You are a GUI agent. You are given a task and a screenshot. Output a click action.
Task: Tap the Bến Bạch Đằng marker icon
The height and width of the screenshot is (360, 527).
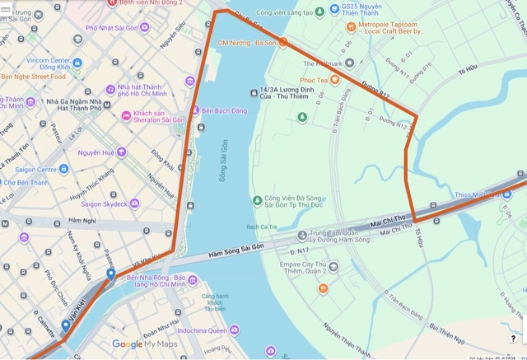click(x=195, y=110)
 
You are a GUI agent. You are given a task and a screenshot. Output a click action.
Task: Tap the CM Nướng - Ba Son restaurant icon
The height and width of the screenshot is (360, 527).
click(x=282, y=42)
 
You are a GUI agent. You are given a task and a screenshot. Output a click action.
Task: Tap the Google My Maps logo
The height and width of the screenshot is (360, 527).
click(x=145, y=344)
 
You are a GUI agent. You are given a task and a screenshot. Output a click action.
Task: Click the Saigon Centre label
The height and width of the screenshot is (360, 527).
click(x=35, y=169)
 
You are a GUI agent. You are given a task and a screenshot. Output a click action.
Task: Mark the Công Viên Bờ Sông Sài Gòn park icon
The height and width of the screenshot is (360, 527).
click(x=258, y=199)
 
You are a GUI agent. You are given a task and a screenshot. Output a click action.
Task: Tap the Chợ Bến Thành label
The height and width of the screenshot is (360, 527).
click(x=26, y=183)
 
